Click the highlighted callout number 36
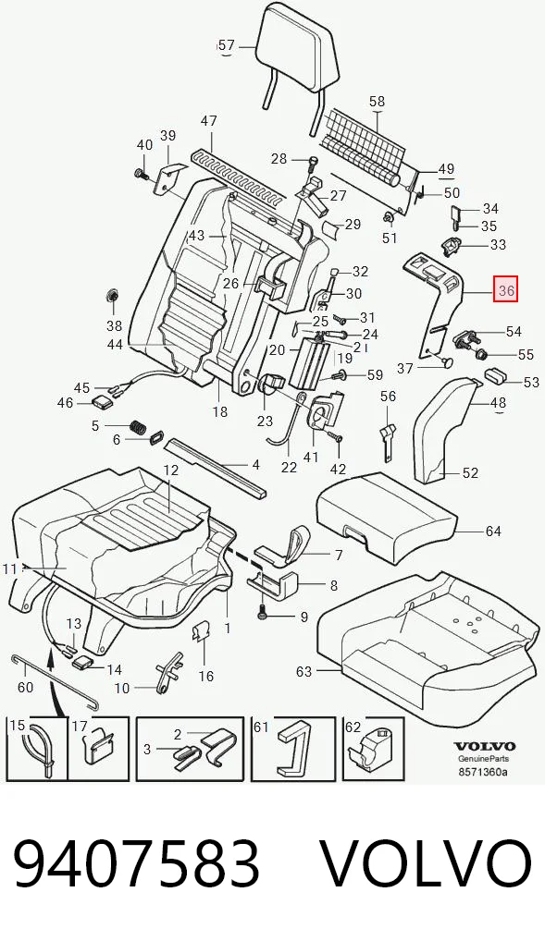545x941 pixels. point(505,290)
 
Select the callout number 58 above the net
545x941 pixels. point(377,102)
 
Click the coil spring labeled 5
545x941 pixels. point(139,428)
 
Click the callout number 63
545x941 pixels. point(304,671)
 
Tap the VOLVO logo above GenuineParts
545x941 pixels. point(484,746)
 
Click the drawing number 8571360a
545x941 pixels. point(484,772)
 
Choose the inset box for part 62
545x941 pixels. point(373,749)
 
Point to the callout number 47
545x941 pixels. point(208,120)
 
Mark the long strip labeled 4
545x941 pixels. point(215,467)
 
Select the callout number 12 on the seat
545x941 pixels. point(171,470)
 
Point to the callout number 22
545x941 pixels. point(289,466)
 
